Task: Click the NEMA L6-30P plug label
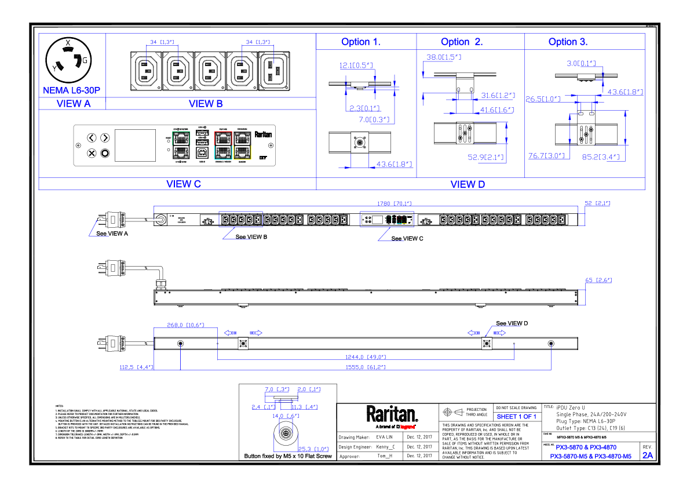tap(72, 90)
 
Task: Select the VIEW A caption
tap(73, 104)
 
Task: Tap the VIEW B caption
tap(206, 104)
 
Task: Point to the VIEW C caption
tap(183, 184)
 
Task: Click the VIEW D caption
tap(468, 184)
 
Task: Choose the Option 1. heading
tap(361, 42)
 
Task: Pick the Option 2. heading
tap(462, 42)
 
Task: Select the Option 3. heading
tap(568, 42)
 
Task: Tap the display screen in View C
tap(136, 145)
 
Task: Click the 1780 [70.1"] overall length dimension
tap(394, 203)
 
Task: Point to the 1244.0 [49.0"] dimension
tap(366, 357)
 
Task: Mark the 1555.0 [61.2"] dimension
tap(366, 367)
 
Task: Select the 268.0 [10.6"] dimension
tap(185, 326)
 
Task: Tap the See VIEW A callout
tap(112, 234)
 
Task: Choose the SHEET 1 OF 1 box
tap(517, 417)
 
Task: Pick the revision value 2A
tap(647, 456)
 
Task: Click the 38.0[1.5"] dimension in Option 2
tap(443, 57)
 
